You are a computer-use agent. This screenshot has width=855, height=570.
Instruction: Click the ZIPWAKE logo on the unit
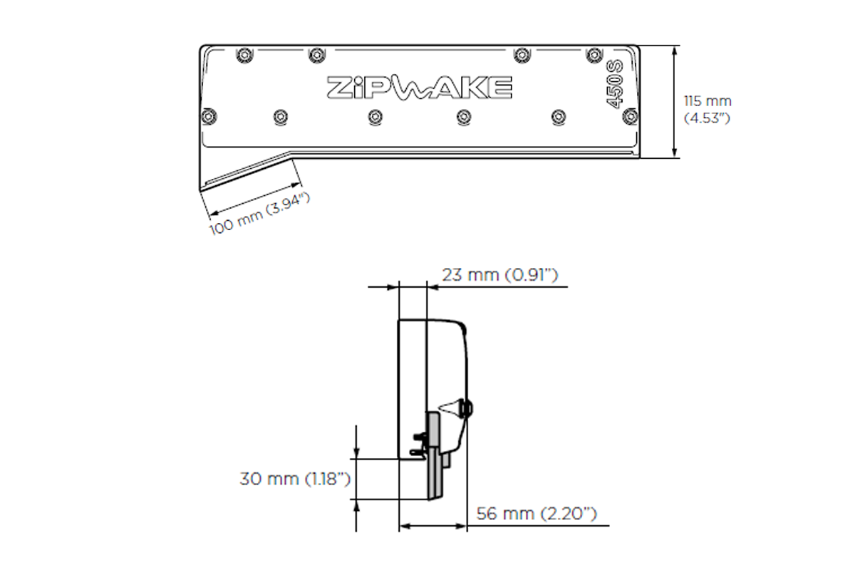[x=419, y=87]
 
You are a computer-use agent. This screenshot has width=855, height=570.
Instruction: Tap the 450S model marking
[x=614, y=85]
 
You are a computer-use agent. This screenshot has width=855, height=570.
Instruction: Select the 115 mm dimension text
[x=707, y=102]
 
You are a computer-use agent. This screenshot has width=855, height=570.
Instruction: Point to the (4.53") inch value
[x=707, y=118]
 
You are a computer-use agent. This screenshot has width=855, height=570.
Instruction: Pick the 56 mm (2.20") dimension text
[x=536, y=514]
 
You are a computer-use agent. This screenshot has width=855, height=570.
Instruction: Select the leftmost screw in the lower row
[x=208, y=115]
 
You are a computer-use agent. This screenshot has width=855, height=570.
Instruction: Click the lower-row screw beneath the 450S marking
[x=628, y=115]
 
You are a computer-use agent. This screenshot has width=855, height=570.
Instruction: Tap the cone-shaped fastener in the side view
[x=451, y=408]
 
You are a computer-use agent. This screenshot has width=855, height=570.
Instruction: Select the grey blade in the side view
[x=433, y=463]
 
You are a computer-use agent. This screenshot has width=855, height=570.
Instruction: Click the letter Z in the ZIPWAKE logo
[x=338, y=87]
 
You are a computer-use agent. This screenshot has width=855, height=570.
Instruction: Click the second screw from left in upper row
[x=316, y=54]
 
